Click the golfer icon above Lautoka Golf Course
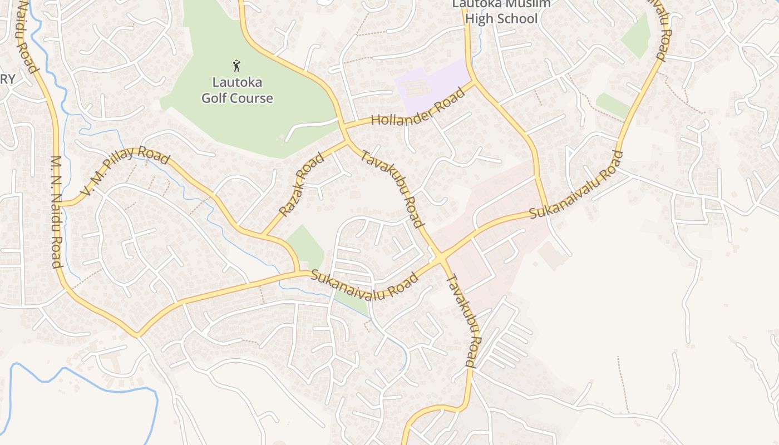(x=237, y=66)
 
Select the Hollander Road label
(x=417, y=107)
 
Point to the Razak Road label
(x=301, y=185)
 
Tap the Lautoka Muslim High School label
(x=501, y=12)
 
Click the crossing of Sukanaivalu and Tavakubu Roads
(x=441, y=258)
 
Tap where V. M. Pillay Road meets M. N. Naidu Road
(x=60, y=204)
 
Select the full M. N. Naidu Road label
(x=56, y=211)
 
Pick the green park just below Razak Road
(x=304, y=245)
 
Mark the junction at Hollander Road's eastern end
(x=474, y=82)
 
